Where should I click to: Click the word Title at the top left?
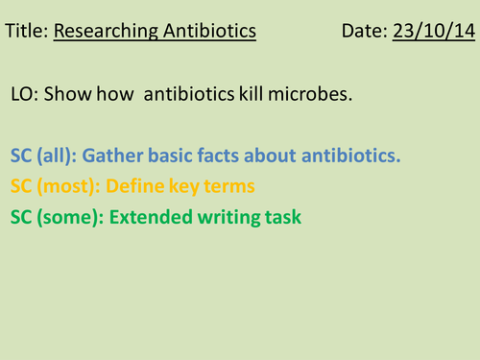[x=25, y=33]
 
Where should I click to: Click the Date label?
[x=364, y=33]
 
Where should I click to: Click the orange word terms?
[x=232, y=186]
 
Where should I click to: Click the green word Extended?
[x=149, y=217]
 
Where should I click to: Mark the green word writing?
[x=229, y=217]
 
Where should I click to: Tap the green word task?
[x=283, y=217]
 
